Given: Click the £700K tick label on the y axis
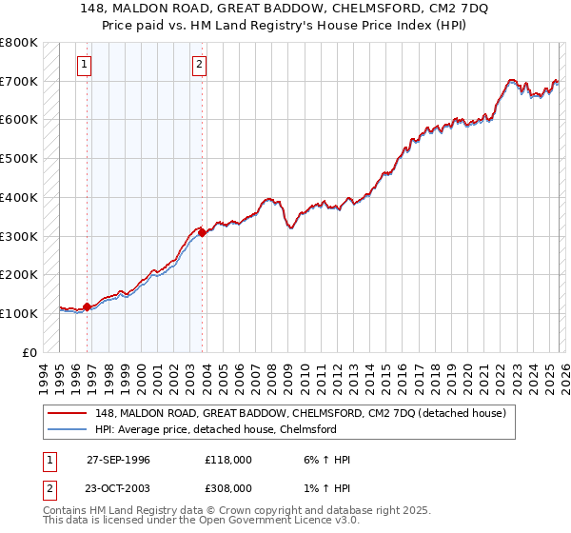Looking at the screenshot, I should [x=19, y=81].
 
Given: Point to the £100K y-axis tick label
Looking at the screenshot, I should [x=19, y=313].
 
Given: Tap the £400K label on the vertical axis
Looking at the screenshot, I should [x=19, y=197].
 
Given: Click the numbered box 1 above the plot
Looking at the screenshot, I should [x=85, y=65].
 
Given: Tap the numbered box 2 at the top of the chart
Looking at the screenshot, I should [x=199, y=65].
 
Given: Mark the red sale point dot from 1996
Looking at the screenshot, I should [x=88, y=306].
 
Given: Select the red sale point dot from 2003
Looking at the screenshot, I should [x=202, y=232].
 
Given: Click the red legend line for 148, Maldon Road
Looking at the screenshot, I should [x=69, y=412].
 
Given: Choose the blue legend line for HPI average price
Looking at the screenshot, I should [x=69, y=429].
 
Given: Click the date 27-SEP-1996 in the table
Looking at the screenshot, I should [x=118, y=460].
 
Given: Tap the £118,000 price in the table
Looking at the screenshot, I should [x=228, y=460].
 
